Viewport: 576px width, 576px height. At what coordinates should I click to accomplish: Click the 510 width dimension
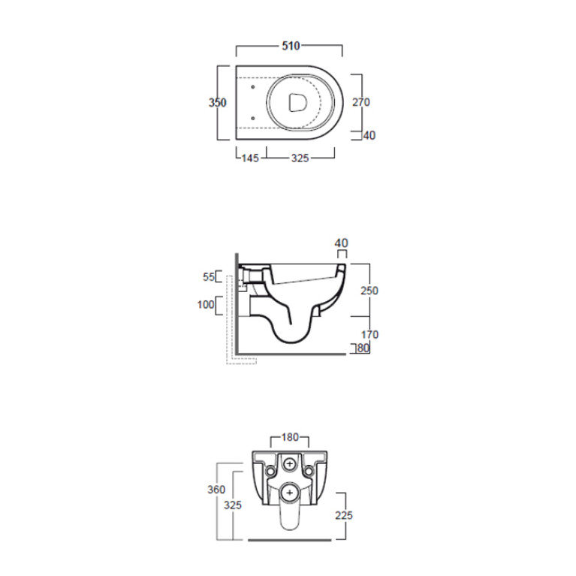[291, 47]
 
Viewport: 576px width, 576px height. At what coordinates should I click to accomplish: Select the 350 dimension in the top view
[218, 102]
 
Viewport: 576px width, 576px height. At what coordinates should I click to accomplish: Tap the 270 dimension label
[360, 102]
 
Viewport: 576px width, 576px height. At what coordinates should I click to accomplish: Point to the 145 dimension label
[250, 158]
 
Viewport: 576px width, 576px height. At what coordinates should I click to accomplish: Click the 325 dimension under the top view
[300, 158]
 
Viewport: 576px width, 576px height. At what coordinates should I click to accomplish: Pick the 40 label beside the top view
[369, 135]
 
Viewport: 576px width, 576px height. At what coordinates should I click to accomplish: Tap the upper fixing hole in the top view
[253, 87]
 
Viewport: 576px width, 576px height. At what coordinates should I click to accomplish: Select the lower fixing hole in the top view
[253, 118]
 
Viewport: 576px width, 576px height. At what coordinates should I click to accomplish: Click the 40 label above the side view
[341, 243]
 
